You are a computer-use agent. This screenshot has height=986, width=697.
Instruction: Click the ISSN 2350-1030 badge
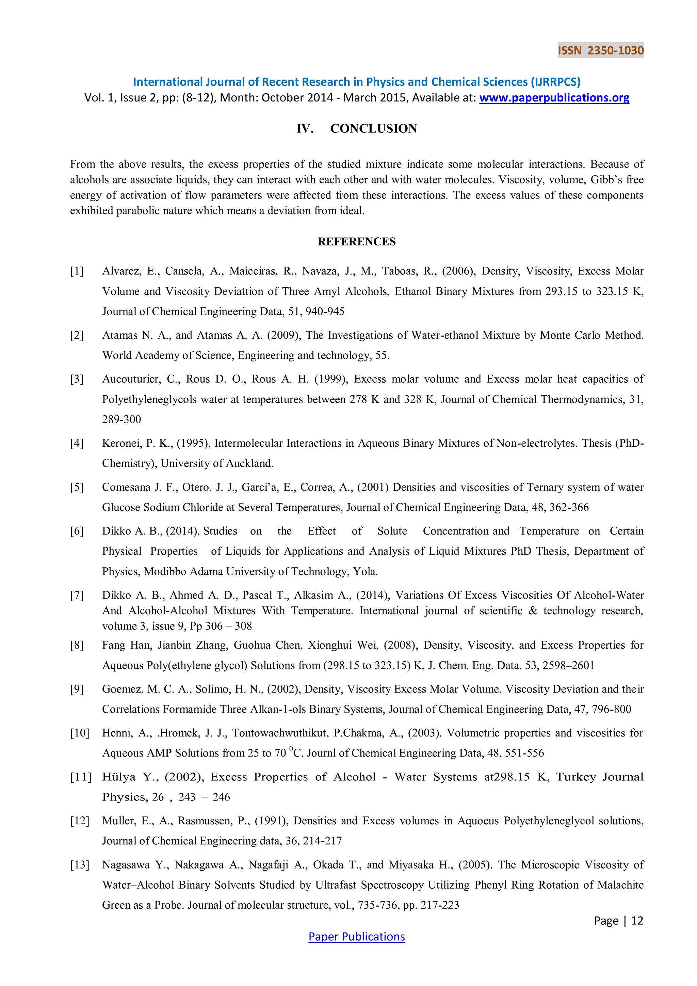pos(600,50)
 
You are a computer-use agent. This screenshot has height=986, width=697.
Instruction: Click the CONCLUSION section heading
pos(373,128)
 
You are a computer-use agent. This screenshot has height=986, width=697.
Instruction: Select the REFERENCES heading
pos(357,241)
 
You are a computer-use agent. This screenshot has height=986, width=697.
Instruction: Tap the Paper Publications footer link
pos(357,937)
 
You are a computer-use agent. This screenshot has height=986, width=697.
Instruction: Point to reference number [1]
pos(77,271)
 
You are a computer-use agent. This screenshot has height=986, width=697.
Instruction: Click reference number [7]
pos(77,595)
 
